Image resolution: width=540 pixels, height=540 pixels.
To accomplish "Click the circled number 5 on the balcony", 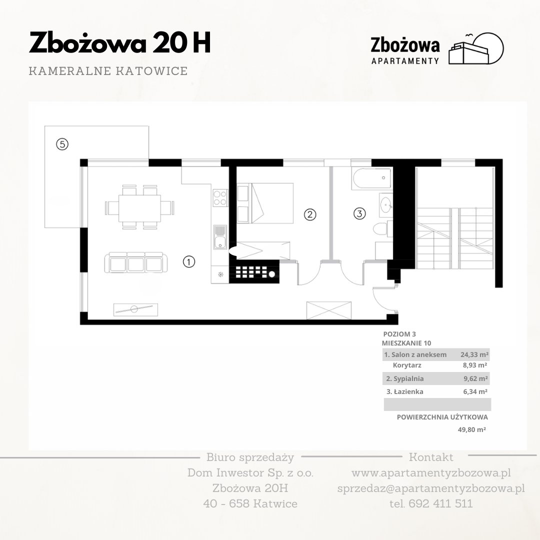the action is coord(62,144).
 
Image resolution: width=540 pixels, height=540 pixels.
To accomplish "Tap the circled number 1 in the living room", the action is coord(188,261).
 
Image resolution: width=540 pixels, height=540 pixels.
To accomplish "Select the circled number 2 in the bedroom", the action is coord(310,214).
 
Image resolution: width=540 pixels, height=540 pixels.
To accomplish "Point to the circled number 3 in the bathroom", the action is coord(359,213).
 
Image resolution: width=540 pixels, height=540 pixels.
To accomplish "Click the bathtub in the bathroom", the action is coord(371,178).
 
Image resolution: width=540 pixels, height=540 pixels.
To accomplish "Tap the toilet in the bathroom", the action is coord(383,228).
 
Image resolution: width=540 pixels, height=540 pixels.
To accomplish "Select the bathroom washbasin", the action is coord(386,205).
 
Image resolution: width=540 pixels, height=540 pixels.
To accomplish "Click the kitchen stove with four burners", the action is coord(220,197).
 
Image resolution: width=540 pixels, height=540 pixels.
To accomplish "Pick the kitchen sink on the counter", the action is coord(219,237).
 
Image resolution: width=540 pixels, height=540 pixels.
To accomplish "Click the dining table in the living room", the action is coord(139,208).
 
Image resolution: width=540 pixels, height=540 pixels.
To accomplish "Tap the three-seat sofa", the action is coord(136,263).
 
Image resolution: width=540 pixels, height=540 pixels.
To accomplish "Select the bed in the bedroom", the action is coord(265,203).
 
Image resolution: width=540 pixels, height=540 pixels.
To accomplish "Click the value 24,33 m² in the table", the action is coord(474,354).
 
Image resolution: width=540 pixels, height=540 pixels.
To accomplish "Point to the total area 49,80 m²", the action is coord(472,429).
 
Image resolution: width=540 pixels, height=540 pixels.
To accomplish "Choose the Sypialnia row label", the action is coord(405,378).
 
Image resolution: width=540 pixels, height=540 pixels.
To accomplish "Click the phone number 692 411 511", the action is coord(440,503).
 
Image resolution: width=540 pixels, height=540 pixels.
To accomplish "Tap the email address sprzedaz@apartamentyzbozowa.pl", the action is coord(431,488).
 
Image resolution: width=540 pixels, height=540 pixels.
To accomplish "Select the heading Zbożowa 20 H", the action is coord(120,43).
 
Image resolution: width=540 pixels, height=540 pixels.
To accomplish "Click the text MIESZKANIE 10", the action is coord(406,343).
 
